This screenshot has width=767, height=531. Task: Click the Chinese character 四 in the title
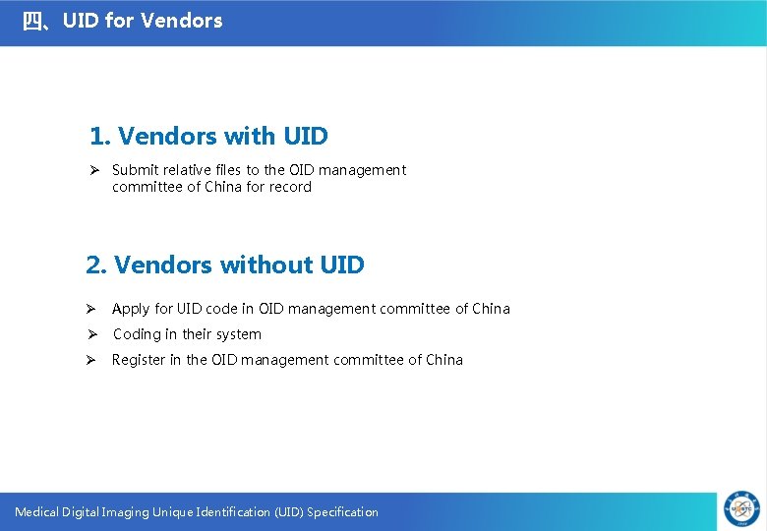[33, 21]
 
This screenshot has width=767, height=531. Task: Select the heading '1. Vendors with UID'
[208, 136]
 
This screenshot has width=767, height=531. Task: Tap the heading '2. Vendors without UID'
[225, 265]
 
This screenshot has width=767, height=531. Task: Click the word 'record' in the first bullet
[290, 187]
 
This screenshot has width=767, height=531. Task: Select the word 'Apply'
[131, 309]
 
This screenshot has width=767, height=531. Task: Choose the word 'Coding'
[137, 334]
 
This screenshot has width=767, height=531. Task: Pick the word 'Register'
[139, 360]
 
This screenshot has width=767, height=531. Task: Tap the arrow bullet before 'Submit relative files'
[95, 170]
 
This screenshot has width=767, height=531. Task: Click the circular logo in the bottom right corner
[742, 508]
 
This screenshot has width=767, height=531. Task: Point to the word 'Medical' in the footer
[36, 511]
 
